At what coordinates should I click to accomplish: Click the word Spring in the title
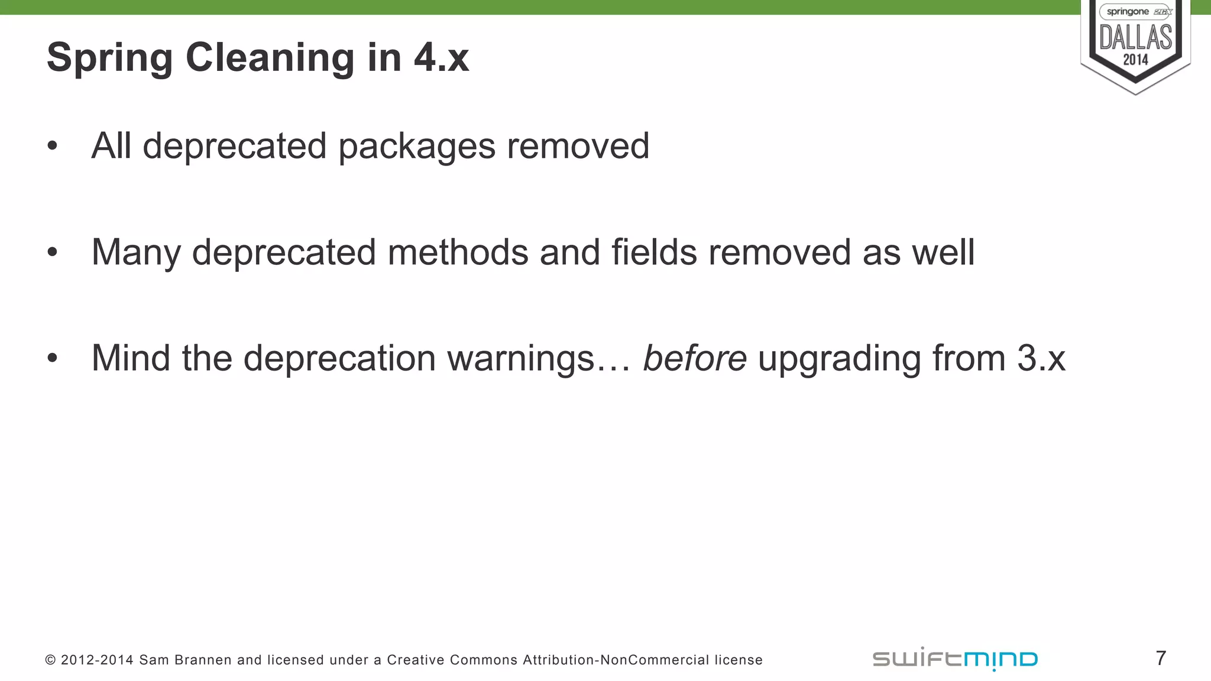pos(110,59)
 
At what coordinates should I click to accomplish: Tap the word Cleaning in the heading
pos(270,59)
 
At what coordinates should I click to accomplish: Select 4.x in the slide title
pos(441,59)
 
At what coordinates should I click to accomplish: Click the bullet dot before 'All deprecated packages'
pos(53,146)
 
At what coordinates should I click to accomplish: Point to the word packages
pos(416,147)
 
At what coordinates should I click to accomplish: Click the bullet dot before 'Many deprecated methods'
pos(53,252)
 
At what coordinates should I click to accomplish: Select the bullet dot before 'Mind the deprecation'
pos(53,358)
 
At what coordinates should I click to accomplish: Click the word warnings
pos(520,359)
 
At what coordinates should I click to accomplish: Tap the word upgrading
pos(839,359)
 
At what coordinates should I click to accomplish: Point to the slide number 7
pos(1161,658)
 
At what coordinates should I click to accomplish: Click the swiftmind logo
pos(955,659)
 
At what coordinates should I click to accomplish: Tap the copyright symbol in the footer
pos(50,660)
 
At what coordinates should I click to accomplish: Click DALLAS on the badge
pos(1135,37)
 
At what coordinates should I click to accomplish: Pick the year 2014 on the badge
pos(1135,60)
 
